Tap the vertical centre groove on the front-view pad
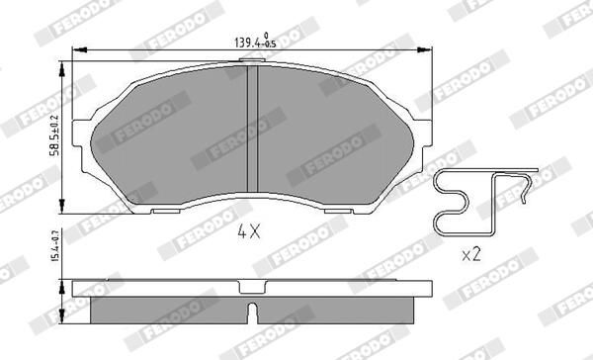click(257, 134)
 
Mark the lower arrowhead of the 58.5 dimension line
click(64, 210)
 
